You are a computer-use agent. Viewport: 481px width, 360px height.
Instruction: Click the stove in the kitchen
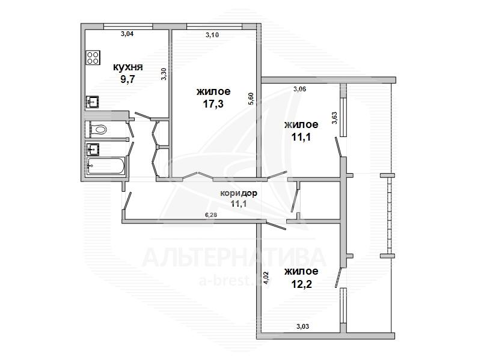[x=93, y=57]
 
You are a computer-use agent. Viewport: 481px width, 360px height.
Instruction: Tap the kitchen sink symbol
[x=93, y=102]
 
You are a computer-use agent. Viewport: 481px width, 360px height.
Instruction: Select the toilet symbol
[x=97, y=129]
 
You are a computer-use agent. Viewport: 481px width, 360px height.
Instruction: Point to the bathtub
[x=106, y=166]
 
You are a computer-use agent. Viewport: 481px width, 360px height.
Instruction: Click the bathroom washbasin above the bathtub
[x=93, y=149]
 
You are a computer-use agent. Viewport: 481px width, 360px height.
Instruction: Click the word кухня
[x=127, y=67]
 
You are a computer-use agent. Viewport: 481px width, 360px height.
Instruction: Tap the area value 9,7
[x=127, y=79]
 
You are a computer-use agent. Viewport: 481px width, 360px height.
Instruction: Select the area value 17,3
[x=213, y=104]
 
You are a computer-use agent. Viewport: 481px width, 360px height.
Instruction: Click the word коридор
[x=239, y=193]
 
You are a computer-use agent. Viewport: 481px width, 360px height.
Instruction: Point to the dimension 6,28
[x=211, y=215]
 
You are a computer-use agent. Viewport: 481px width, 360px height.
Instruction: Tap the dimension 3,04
[x=127, y=34]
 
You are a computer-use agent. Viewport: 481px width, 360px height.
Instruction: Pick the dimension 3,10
[x=212, y=35]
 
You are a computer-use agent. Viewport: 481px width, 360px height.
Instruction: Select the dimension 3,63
[x=334, y=117]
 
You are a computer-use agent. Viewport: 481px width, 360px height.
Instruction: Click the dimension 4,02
[x=266, y=278]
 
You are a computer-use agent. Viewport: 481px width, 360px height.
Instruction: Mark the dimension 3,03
[x=303, y=326]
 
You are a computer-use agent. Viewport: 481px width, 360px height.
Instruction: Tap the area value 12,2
[x=301, y=284]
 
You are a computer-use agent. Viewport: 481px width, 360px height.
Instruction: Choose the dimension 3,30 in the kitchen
[x=164, y=74]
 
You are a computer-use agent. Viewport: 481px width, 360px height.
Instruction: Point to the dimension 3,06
[x=299, y=89]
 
